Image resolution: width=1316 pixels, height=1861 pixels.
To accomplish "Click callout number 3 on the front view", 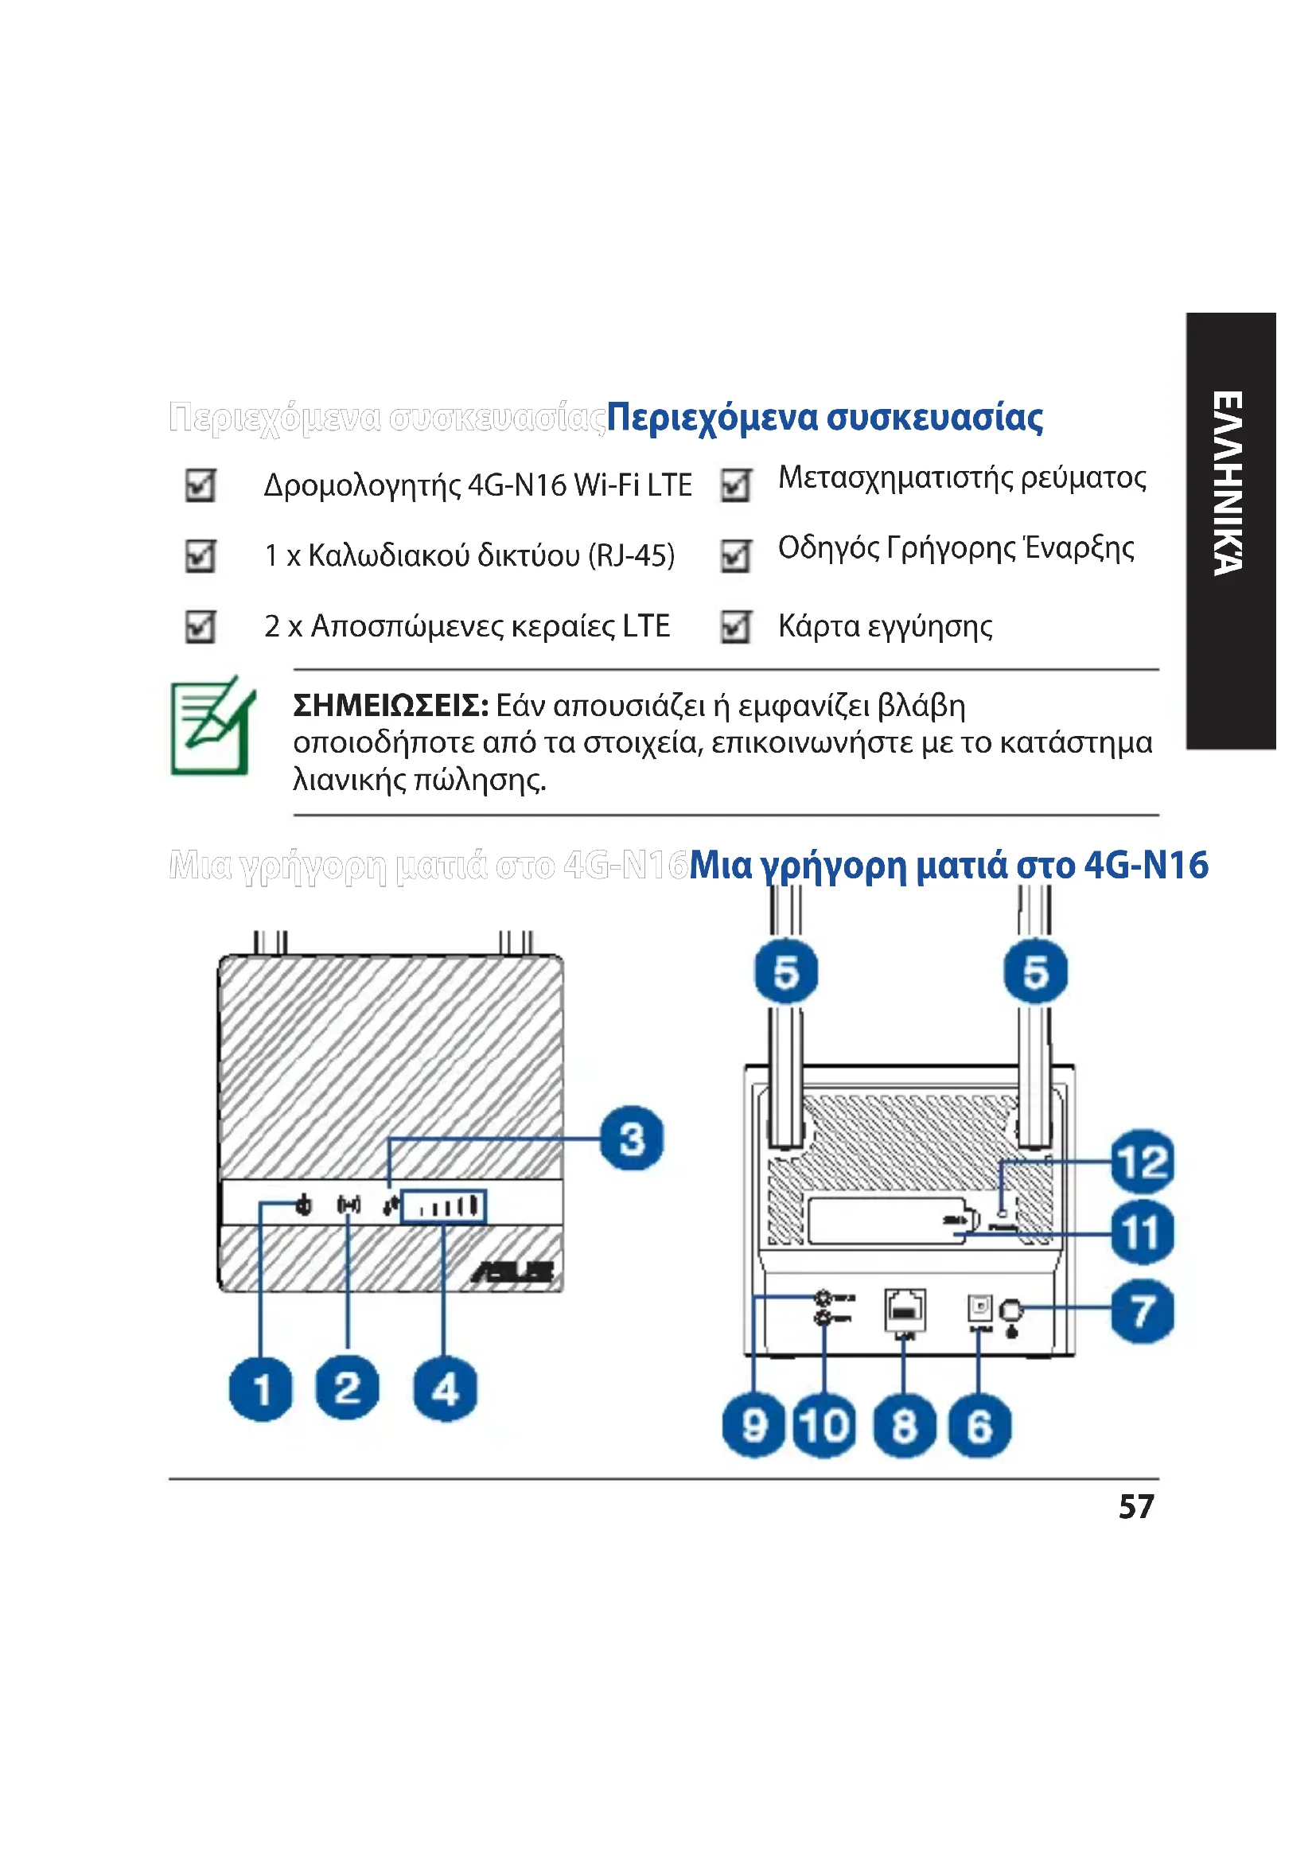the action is point(631,1138).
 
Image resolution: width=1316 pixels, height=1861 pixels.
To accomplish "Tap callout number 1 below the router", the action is point(261,1389).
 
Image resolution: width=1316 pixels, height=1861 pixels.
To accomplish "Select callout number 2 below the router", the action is point(347,1388).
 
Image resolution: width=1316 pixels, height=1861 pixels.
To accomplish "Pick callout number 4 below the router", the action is point(445,1389).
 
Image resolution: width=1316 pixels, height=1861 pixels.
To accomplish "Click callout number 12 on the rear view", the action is point(1142,1162).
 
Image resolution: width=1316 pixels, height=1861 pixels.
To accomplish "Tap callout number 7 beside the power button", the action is point(1142,1310).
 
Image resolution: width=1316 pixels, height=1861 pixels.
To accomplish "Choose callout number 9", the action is point(753,1426).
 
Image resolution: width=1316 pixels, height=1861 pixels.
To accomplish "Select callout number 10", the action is point(824,1426).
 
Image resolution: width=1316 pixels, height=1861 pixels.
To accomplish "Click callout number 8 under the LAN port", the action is point(905,1426).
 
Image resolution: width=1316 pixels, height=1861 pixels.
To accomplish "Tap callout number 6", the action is point(979,1426).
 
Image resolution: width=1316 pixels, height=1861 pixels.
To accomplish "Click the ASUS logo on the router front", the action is point(513,1272).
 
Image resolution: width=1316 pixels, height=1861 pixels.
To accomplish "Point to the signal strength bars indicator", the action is point(444,1207).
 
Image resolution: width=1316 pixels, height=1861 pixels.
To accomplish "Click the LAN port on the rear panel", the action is point(905,1307).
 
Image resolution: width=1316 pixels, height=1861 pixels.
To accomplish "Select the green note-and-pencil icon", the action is point(212,726).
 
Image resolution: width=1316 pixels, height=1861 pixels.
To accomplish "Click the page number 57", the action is point(1135,1507).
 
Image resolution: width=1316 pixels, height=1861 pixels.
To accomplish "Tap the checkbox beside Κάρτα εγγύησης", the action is point(736,626).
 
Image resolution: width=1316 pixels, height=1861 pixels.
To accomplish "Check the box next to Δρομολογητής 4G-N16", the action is point(201,485).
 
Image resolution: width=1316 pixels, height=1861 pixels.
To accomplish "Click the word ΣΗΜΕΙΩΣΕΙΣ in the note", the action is point(390,706).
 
